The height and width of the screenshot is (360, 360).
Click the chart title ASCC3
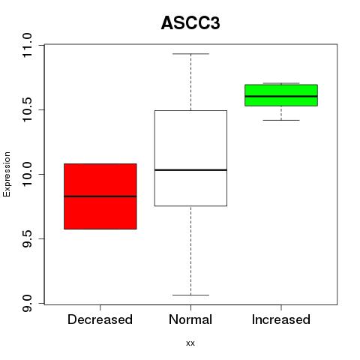(190, 23)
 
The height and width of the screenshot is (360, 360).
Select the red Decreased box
(100, 196)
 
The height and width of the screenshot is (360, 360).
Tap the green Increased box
(281, 95)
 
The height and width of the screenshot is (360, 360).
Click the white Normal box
(190, 158)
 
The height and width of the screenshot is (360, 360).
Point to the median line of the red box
(100, 196)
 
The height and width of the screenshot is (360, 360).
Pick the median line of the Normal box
(190, 170)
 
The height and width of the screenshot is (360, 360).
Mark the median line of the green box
(281, 96)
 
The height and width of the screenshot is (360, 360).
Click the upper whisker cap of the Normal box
(190, 54)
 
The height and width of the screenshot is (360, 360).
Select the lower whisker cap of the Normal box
(190, 295)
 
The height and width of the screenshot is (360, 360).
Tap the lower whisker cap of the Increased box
(281, 120)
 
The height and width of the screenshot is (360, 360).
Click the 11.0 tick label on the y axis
(27, 45)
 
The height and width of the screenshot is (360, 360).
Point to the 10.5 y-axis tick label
(27, 109)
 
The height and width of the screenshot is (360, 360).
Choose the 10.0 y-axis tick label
(27, 174)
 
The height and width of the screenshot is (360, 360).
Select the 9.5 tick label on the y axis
(27, 238)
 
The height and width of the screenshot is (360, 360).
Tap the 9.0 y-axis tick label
(27, 303)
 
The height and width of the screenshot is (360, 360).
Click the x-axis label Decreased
(100, 319)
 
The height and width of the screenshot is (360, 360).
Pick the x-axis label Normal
(190, 319)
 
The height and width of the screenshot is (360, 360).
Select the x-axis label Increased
(281, 319)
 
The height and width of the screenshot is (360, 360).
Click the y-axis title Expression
(7, 174)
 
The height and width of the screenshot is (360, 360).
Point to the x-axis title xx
(190, 343)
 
